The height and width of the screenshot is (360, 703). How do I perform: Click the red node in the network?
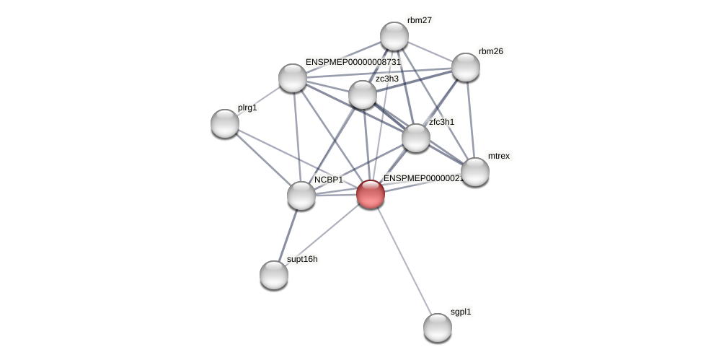pos(370,194)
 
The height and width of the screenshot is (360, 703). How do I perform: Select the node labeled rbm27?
pos(394,36)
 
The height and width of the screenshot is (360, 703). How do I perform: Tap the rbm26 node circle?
pos(465,67)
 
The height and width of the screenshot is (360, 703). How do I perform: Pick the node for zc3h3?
pos(362,95)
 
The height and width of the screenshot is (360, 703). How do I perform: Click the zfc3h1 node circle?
pos(415,138)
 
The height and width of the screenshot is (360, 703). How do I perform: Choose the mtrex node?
pos(474,172)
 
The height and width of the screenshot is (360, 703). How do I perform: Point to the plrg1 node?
pos(225,123)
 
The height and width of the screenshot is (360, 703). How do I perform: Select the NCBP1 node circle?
pos(301,196)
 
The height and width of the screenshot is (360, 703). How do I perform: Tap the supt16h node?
pos(273,275)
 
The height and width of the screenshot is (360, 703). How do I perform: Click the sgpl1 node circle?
pos(437,328)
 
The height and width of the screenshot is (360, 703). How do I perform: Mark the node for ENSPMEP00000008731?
pos(292,78)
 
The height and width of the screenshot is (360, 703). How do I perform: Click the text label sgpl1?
pos(460,312)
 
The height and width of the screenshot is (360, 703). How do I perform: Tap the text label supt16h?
pos(302,259)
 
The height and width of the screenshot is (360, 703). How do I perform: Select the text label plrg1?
pos(247,107)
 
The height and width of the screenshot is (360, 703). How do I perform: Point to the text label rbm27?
pos(419,20)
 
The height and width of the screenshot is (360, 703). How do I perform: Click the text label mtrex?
pos(498,156)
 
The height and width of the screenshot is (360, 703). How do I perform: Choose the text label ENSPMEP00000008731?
pos(353,62)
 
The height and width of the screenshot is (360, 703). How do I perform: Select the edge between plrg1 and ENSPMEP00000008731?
pos(259,100)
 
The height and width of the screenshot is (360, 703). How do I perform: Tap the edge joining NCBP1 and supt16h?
pos(287,235)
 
